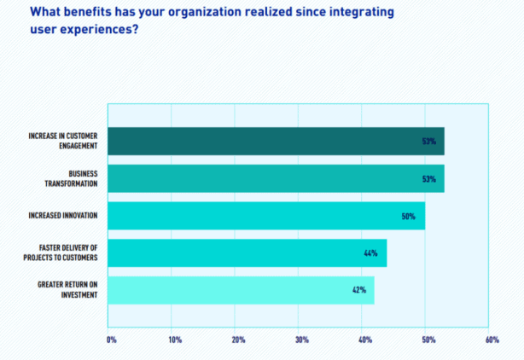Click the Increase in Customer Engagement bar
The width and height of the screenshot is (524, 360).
[x=276, y=141]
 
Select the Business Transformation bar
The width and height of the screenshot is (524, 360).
[x=276, y=178]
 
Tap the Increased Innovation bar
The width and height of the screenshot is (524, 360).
[x=266, y=216]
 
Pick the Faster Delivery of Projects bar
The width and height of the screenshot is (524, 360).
[x=247, y=253]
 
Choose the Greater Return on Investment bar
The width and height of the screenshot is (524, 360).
[x=241, y=290]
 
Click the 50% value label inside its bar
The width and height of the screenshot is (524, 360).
[x=408, y=216]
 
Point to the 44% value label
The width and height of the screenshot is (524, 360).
[x=370, y=253]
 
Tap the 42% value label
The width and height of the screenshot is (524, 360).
[x=359, y=290]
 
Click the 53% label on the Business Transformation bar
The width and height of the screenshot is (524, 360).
[x=429, y=179]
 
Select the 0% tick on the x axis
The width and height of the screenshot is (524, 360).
[x=111, y=340]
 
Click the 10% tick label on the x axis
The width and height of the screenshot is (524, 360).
[x=175, y=340]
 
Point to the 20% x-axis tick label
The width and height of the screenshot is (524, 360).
[x=238, y=340]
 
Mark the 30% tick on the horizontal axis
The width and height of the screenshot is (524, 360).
[x=301, y=340]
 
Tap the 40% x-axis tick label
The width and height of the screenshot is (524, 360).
[x=365, y=340]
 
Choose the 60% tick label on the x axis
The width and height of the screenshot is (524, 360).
[x=492, y=340]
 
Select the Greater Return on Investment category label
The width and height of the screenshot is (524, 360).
[x=67, y=290]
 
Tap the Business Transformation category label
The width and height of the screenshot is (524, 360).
[x=72, y=178]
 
